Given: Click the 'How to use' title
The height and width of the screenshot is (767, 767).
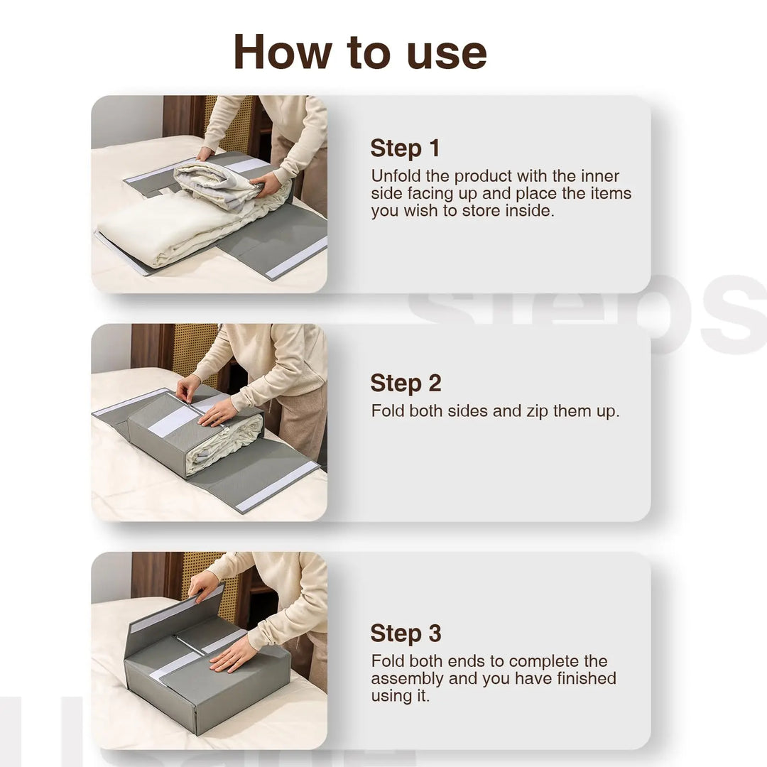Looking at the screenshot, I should [x=360, y=53].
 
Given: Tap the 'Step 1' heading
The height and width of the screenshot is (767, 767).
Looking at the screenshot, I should [x=405, y=148].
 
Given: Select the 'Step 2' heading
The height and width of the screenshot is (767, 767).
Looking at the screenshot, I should [x=406, y=383].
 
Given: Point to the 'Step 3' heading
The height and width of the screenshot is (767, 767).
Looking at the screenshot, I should [x=406, y=633].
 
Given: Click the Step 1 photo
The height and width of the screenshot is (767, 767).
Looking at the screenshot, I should [x=209, y=194].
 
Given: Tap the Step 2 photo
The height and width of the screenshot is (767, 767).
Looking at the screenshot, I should [x=209, y=423].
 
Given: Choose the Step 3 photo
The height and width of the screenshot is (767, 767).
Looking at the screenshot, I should [x=209, y=651].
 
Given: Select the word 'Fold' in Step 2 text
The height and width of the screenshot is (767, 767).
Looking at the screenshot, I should [x=388, y=411].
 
